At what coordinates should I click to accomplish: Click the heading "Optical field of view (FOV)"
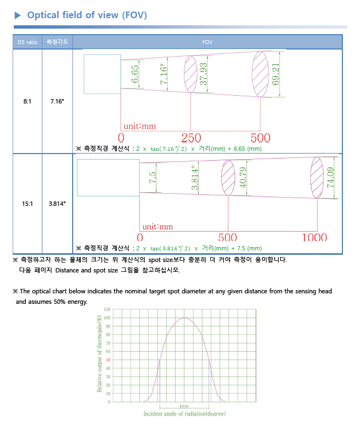87,15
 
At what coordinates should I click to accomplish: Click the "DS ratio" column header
28,42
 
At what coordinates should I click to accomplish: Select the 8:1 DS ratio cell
28,102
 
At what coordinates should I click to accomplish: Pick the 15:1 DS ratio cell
28,204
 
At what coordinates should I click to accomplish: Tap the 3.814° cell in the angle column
57,204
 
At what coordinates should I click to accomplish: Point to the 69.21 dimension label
276,74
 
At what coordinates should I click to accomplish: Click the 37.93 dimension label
204,74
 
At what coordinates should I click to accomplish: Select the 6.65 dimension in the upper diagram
135,74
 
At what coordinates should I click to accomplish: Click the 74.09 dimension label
330,178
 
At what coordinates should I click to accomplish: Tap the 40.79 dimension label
243,177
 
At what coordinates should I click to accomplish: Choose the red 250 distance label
191,138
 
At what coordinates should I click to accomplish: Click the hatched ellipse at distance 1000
317,177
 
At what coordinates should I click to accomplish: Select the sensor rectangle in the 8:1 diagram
102,74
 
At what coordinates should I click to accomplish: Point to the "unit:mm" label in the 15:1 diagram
157,227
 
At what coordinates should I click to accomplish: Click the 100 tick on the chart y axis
106,318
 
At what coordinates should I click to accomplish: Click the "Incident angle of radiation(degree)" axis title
184,413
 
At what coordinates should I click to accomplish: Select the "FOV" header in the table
207,42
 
